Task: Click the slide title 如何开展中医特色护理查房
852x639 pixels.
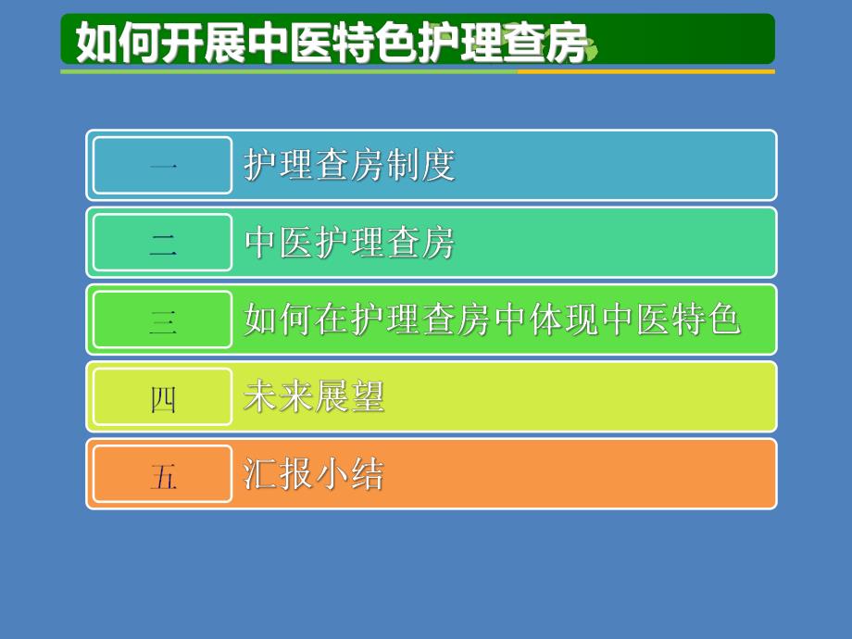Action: click(331, 43)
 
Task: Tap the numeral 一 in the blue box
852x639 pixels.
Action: click(163, 167)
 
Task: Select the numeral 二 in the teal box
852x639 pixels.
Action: click(163, 244)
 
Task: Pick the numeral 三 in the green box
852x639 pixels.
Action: click(163, 320)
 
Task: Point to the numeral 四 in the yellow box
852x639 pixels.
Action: click(163, 398)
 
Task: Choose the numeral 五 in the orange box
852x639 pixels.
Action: click(163, 476)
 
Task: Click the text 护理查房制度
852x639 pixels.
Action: click(350, 166)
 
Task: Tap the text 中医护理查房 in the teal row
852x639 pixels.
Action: click(350, 243)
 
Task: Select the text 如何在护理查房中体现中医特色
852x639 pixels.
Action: click(492, 319)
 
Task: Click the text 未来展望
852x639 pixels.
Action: click(314, 397)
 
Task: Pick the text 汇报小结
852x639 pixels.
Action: click(314, 474)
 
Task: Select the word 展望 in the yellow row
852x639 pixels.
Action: click(350, 397)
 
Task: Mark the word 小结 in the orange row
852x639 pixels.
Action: click(350, 474)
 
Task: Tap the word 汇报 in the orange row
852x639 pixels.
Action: click(279, 474)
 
